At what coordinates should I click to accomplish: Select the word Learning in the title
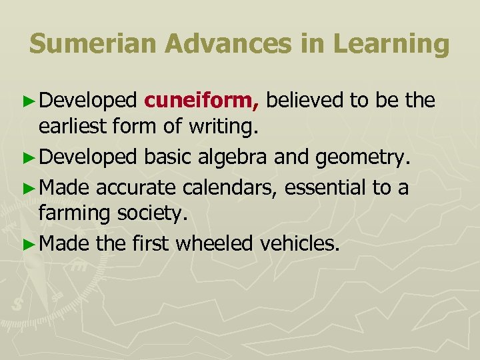click(392, 44)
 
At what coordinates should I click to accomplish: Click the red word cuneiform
click(201, 101)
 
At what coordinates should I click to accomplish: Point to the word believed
click(303, 101)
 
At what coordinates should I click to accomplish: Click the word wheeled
click(214, 244)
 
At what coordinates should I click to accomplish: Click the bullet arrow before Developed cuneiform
click(28, 101)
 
